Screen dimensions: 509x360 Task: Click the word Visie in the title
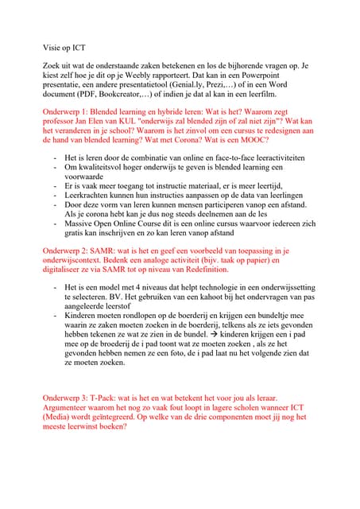point(52,47)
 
